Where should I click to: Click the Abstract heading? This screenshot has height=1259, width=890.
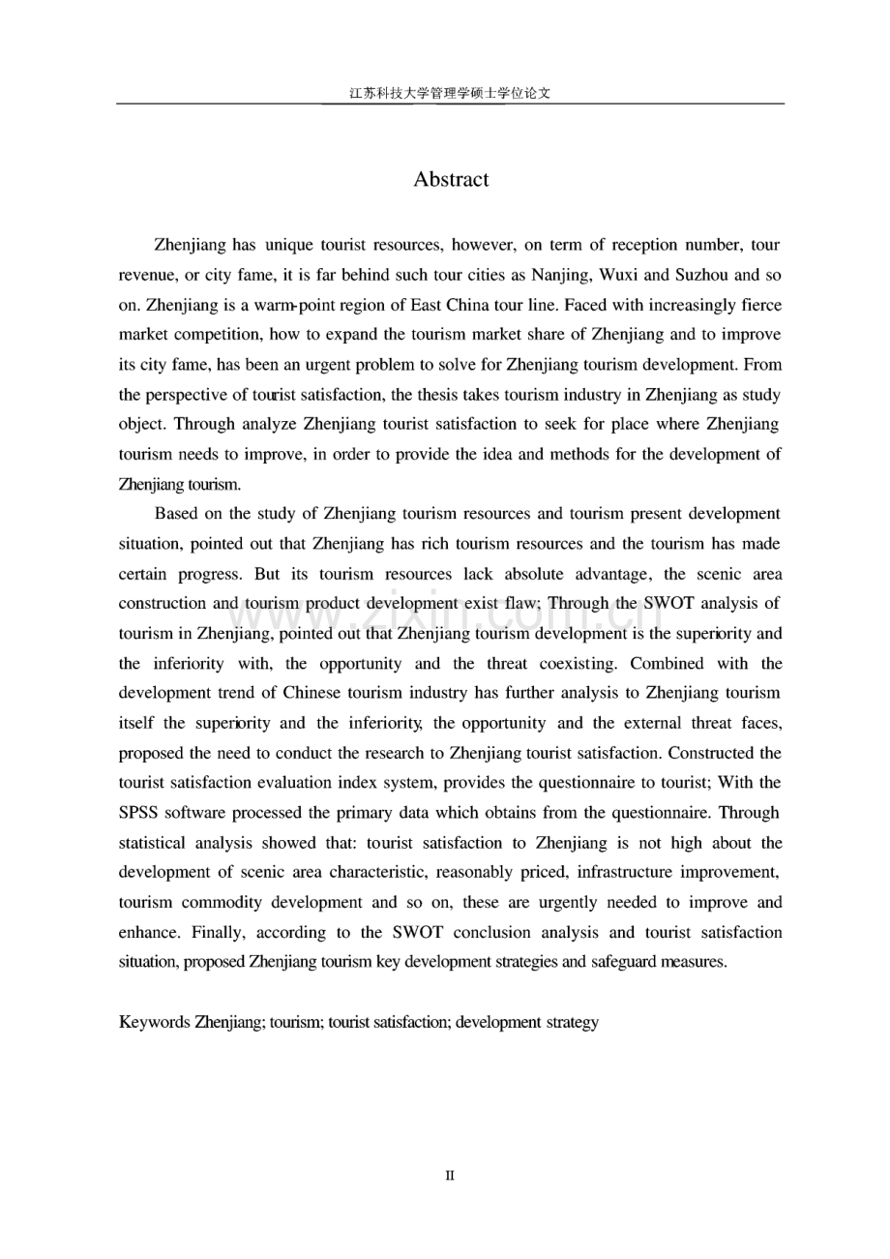click(x=451, y=179)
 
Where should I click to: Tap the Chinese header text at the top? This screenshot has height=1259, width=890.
click(x=450, y=94)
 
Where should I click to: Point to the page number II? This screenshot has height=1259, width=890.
click(x=450, y=1176)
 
